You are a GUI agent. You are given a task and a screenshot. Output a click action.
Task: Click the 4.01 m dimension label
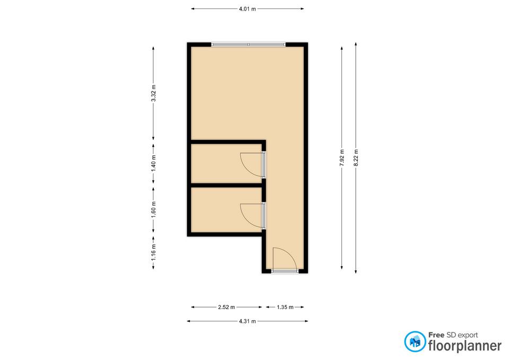coord(248,9)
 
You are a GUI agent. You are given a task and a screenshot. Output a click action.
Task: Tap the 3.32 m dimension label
coord(154,93)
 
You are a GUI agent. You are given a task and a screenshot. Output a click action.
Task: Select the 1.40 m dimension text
coord(154,164)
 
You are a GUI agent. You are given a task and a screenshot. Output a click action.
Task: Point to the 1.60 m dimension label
coord(154,210)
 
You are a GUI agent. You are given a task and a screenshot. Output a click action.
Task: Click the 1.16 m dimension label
coord(154,252)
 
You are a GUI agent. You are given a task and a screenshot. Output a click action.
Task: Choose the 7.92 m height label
coord(342,158)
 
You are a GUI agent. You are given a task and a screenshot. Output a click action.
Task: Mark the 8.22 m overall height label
coord(356,158)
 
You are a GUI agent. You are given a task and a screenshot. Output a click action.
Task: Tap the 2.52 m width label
coord(226,307)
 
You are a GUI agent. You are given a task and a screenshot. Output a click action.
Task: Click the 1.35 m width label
coord(285,307)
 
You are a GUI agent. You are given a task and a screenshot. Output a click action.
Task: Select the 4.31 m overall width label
coord(248,321)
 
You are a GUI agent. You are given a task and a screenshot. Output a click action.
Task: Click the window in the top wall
coord(248,45)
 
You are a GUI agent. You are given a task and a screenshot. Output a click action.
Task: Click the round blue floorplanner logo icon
coord(415,341)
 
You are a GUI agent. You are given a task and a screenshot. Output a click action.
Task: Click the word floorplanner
coord(465,346)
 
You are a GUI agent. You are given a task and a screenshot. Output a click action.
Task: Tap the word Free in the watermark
coord(436,335)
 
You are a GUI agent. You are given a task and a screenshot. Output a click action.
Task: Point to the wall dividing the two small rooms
coord(226,186)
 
